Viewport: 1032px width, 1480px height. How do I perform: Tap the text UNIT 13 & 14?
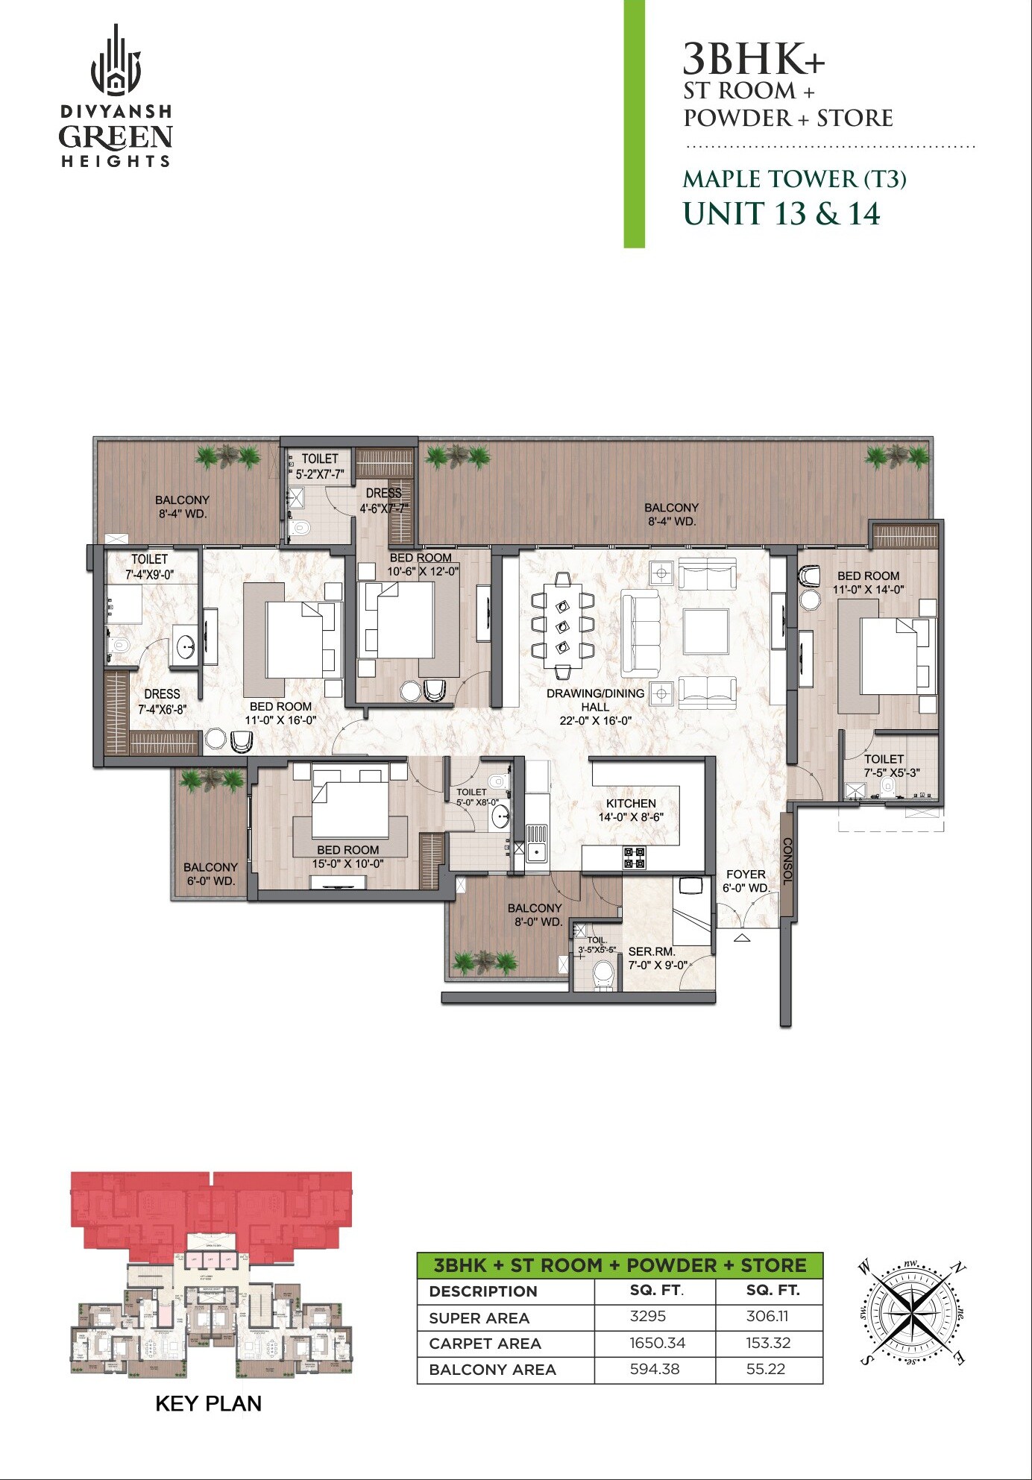pyautogui.click(x=781, y=213)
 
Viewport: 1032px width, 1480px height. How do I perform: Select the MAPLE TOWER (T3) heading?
pyautogui.click(x=794, y=179)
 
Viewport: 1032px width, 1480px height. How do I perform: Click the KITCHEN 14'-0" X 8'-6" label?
pyautogui.click(x=631, y=810)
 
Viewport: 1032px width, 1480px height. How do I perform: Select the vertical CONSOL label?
pyautogui.click(x=787, y=861)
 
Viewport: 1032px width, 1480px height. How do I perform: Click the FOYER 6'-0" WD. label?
pyautogui.click(x=746, y=881)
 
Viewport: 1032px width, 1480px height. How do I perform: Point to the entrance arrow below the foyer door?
pyautogui.click(x=741, y=938)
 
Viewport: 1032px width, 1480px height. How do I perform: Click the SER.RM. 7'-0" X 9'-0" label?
pyautogui.click(x=656, y=958)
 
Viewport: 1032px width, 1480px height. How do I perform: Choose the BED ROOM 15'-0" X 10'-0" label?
pyautogui.click(x=347, y=857)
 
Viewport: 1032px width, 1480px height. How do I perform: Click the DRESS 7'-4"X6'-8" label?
pyautogui.click(x=162, y=701)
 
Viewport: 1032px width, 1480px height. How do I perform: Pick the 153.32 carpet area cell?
pyautogui.click(x=767, y=1343)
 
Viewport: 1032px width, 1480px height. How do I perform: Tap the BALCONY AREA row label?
pyautogui.click(x=492, y=1370)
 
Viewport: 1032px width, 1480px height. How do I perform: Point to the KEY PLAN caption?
pyautogui.click(x=208, y=1403)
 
